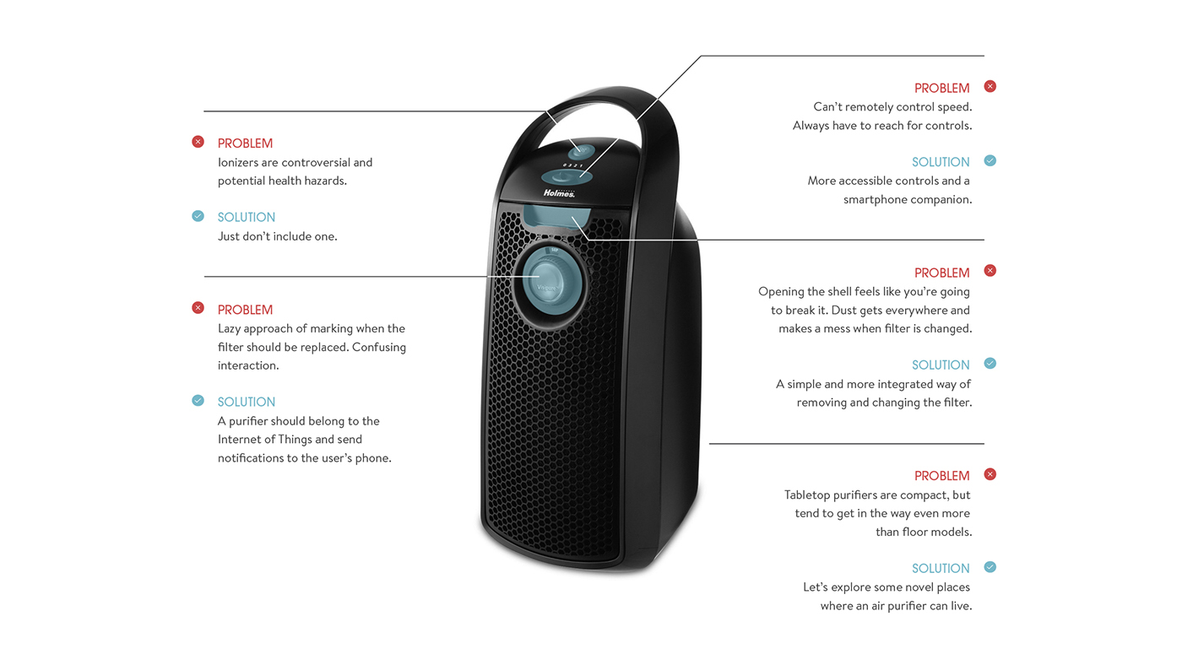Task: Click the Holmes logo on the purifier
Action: pyautogui.click(x=559, y=192)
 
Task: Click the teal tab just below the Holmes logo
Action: pyautogui.click(x=554, y=215)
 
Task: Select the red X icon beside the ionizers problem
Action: pyautogui.click(x=198, y=142)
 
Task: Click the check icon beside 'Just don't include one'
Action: pyautogui.click(x=198, y=216)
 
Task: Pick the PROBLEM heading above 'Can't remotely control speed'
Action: pyautogui.click(x=941, y=88)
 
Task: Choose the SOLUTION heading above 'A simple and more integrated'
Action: pyautogui.click(x=941, y=365)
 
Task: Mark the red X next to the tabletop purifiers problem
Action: pyautogui.click(x=990, y=474)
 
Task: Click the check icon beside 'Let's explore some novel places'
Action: pyautogui.click(x=990, y=567)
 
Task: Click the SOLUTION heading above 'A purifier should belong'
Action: pyautogui.click(x=247, y=402)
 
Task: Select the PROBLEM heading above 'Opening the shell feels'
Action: pyautogui.click(x=941, y=273)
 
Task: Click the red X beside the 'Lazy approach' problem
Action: pyautogui.click(x=198, y=308)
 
